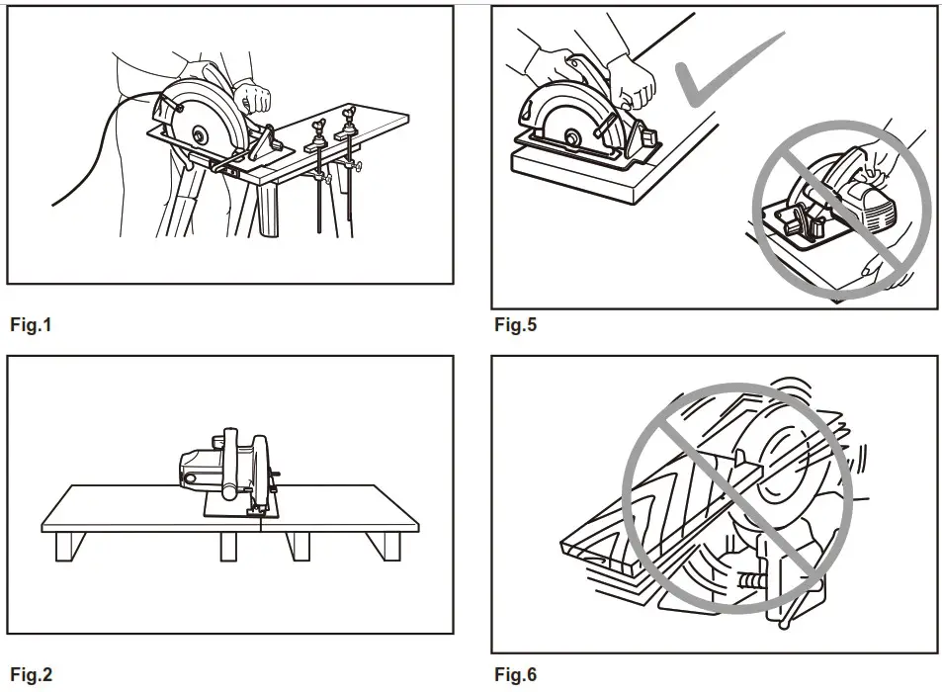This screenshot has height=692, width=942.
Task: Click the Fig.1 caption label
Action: point(30,324)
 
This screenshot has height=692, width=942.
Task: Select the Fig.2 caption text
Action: point(30,676)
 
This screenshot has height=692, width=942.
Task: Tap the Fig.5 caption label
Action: point(515,324)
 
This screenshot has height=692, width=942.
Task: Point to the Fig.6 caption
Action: point(515,676)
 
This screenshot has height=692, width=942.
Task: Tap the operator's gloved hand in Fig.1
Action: point(256,97)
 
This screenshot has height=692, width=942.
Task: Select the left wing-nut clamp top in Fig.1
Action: point(318,128)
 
